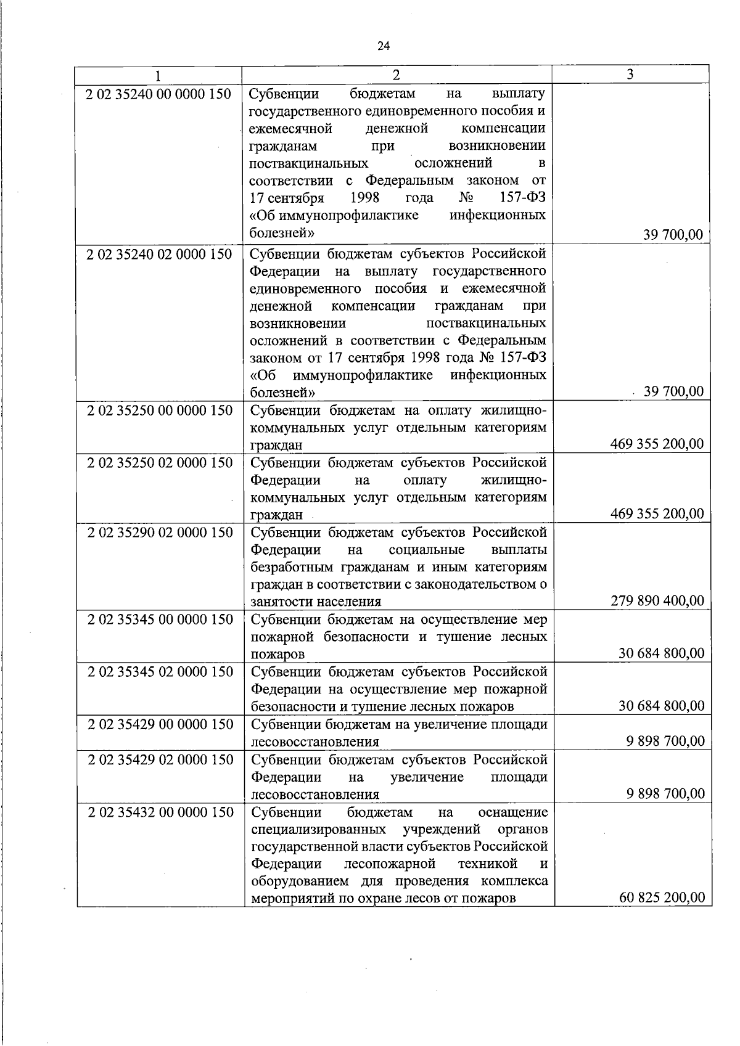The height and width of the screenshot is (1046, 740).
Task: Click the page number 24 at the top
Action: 383,46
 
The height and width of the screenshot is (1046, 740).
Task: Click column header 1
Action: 158,75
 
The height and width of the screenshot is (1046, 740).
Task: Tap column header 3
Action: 630,75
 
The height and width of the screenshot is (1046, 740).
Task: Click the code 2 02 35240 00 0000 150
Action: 160,94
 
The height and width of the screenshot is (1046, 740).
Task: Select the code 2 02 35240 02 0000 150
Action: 160,254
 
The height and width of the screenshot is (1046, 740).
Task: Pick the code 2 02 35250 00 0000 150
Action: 160,411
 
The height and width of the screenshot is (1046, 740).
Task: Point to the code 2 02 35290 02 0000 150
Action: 160,533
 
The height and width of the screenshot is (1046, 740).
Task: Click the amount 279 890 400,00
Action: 657,600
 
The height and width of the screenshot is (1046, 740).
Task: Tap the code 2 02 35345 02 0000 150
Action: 160,672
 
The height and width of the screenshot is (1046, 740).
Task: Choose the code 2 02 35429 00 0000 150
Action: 160,724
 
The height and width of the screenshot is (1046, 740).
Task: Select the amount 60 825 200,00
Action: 661,897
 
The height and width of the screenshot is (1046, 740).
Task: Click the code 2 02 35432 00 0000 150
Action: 160,812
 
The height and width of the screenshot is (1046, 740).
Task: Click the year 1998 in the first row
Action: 364,198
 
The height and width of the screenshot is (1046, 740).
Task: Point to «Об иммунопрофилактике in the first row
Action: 334,215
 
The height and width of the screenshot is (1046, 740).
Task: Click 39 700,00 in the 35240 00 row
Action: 673,234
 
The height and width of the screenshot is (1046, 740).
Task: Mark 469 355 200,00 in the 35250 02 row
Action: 657,513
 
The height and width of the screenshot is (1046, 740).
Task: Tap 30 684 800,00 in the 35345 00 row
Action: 661,653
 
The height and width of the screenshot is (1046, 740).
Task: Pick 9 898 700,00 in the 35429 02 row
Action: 665,793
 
